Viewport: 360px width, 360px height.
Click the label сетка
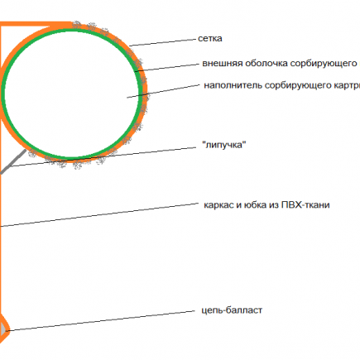(210, 38)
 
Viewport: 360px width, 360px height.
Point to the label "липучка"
(224, 145)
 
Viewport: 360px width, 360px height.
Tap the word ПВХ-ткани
(305, 205)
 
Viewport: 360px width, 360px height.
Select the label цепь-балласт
(232, 310)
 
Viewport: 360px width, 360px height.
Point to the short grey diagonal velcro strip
(13, 162)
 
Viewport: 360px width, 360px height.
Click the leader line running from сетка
(162, 42)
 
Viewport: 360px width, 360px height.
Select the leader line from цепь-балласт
(101, 320)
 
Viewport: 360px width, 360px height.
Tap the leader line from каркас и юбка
(99, 215)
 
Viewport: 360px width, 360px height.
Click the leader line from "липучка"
(103, 157)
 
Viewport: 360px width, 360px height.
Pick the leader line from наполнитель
(163, 91)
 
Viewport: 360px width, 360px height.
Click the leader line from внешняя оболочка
(167, 68)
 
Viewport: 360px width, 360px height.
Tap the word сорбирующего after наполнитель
(298, 85)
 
